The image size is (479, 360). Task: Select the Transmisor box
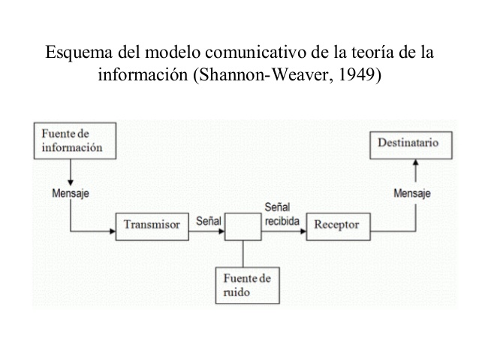coord(151,225)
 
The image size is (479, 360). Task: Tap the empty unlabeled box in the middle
coord(243,225)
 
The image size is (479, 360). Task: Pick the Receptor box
coord(336,225)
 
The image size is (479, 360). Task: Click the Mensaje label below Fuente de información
coord(71,192)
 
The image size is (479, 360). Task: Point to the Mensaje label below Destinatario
coord(412,192)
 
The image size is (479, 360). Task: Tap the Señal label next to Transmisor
coord(208,222)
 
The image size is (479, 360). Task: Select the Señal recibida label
coord(282,215)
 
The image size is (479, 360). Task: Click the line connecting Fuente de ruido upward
coord(243,253)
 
